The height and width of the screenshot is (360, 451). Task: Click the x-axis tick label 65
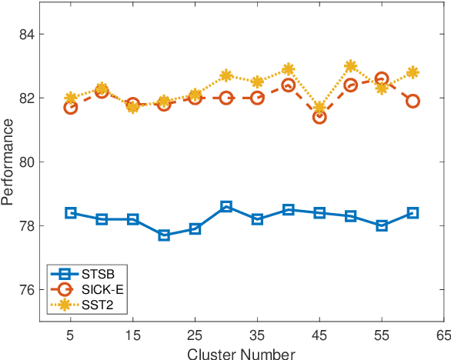point(444,336)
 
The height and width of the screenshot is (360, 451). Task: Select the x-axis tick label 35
point(257,336)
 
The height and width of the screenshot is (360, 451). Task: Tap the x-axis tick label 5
point(71,336)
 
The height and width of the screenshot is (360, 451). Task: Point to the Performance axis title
point(8,162)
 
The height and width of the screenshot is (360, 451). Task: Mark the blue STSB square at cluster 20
point(164,235)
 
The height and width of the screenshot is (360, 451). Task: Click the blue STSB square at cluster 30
point(226,206)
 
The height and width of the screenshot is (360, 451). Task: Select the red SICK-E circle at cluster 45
point(319,117)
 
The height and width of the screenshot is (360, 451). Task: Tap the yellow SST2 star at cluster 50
point(351,66)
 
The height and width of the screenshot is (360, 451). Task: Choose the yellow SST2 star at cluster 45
point(319,108)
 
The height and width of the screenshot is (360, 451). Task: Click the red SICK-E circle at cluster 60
point(413,101)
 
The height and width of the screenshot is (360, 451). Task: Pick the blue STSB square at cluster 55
point(382,225)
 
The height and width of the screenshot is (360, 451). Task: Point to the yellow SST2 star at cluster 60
point(413,72)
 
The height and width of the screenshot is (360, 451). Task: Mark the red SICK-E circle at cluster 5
point(71,108)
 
